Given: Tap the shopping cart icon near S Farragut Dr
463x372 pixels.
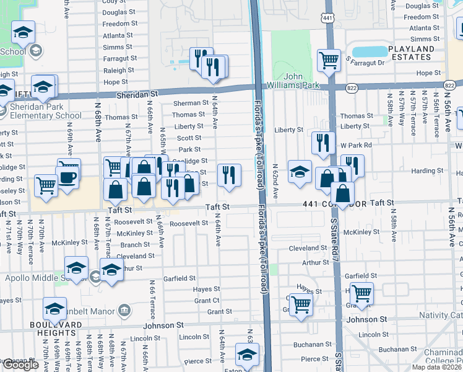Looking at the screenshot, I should click(329, 60).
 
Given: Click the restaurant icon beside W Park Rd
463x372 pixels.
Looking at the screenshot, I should click(322, 143).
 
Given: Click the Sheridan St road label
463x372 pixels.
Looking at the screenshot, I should click(138, 94).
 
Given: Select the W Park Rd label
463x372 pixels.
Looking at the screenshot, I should click(355, 145).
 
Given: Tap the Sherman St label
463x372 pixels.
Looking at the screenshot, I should click(191, 103).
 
